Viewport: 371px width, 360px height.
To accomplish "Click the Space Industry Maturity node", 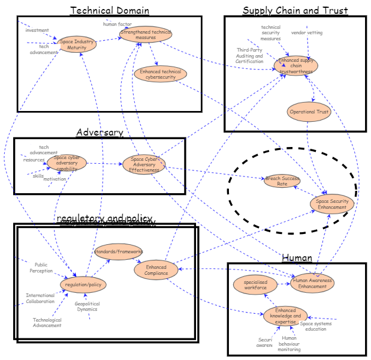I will pyautogui.click(x=77, y=44).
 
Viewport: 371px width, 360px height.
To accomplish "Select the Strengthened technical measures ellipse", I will pyautogui.click(x=146, y=34).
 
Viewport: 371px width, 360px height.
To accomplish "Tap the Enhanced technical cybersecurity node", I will pyautogui.click(x=160, y=74).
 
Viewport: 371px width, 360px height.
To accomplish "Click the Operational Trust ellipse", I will pyautogui.click(x=309, y=112).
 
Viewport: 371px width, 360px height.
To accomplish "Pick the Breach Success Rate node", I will pyautogui.click(x=282, y=181).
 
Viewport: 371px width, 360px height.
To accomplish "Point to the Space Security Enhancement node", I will pyautogui.click(x=332, y=204).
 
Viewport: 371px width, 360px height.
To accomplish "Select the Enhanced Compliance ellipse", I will pyautogui.click(x=156, y=270).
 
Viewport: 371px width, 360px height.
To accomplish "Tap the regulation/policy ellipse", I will pyautogui.click(x=83, y=284).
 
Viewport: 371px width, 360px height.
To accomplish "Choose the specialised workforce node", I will pyautogui.click(x=256, y=284).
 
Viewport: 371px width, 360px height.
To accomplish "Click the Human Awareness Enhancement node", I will pyautogui.click(x=312, y=283).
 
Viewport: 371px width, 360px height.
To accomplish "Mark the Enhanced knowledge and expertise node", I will pyautogui.click(x=285, y=316).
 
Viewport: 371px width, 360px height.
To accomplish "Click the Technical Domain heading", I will pyautogui.click(x=110, y=10).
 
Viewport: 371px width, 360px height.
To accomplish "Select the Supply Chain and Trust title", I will pyautogui.click(x=295, y=10).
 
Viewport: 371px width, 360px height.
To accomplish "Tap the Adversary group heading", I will pyautogui.click(x=99, y=132).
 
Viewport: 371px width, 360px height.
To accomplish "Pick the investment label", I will pyautogui.click(x=37, y=30).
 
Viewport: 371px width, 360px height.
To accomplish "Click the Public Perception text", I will pyautogui.click(x=41, y=267).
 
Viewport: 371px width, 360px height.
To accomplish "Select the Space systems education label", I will pyautogui.click(x=316, y=326).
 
